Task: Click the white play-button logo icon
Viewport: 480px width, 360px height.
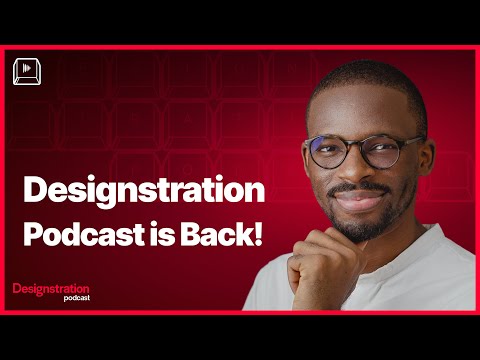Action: click(26, 71)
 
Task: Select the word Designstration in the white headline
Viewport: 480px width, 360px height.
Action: click(144, 191)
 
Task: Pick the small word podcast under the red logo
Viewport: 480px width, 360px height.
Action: click(78, 297)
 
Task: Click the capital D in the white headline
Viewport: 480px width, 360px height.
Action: click(34, 191)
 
